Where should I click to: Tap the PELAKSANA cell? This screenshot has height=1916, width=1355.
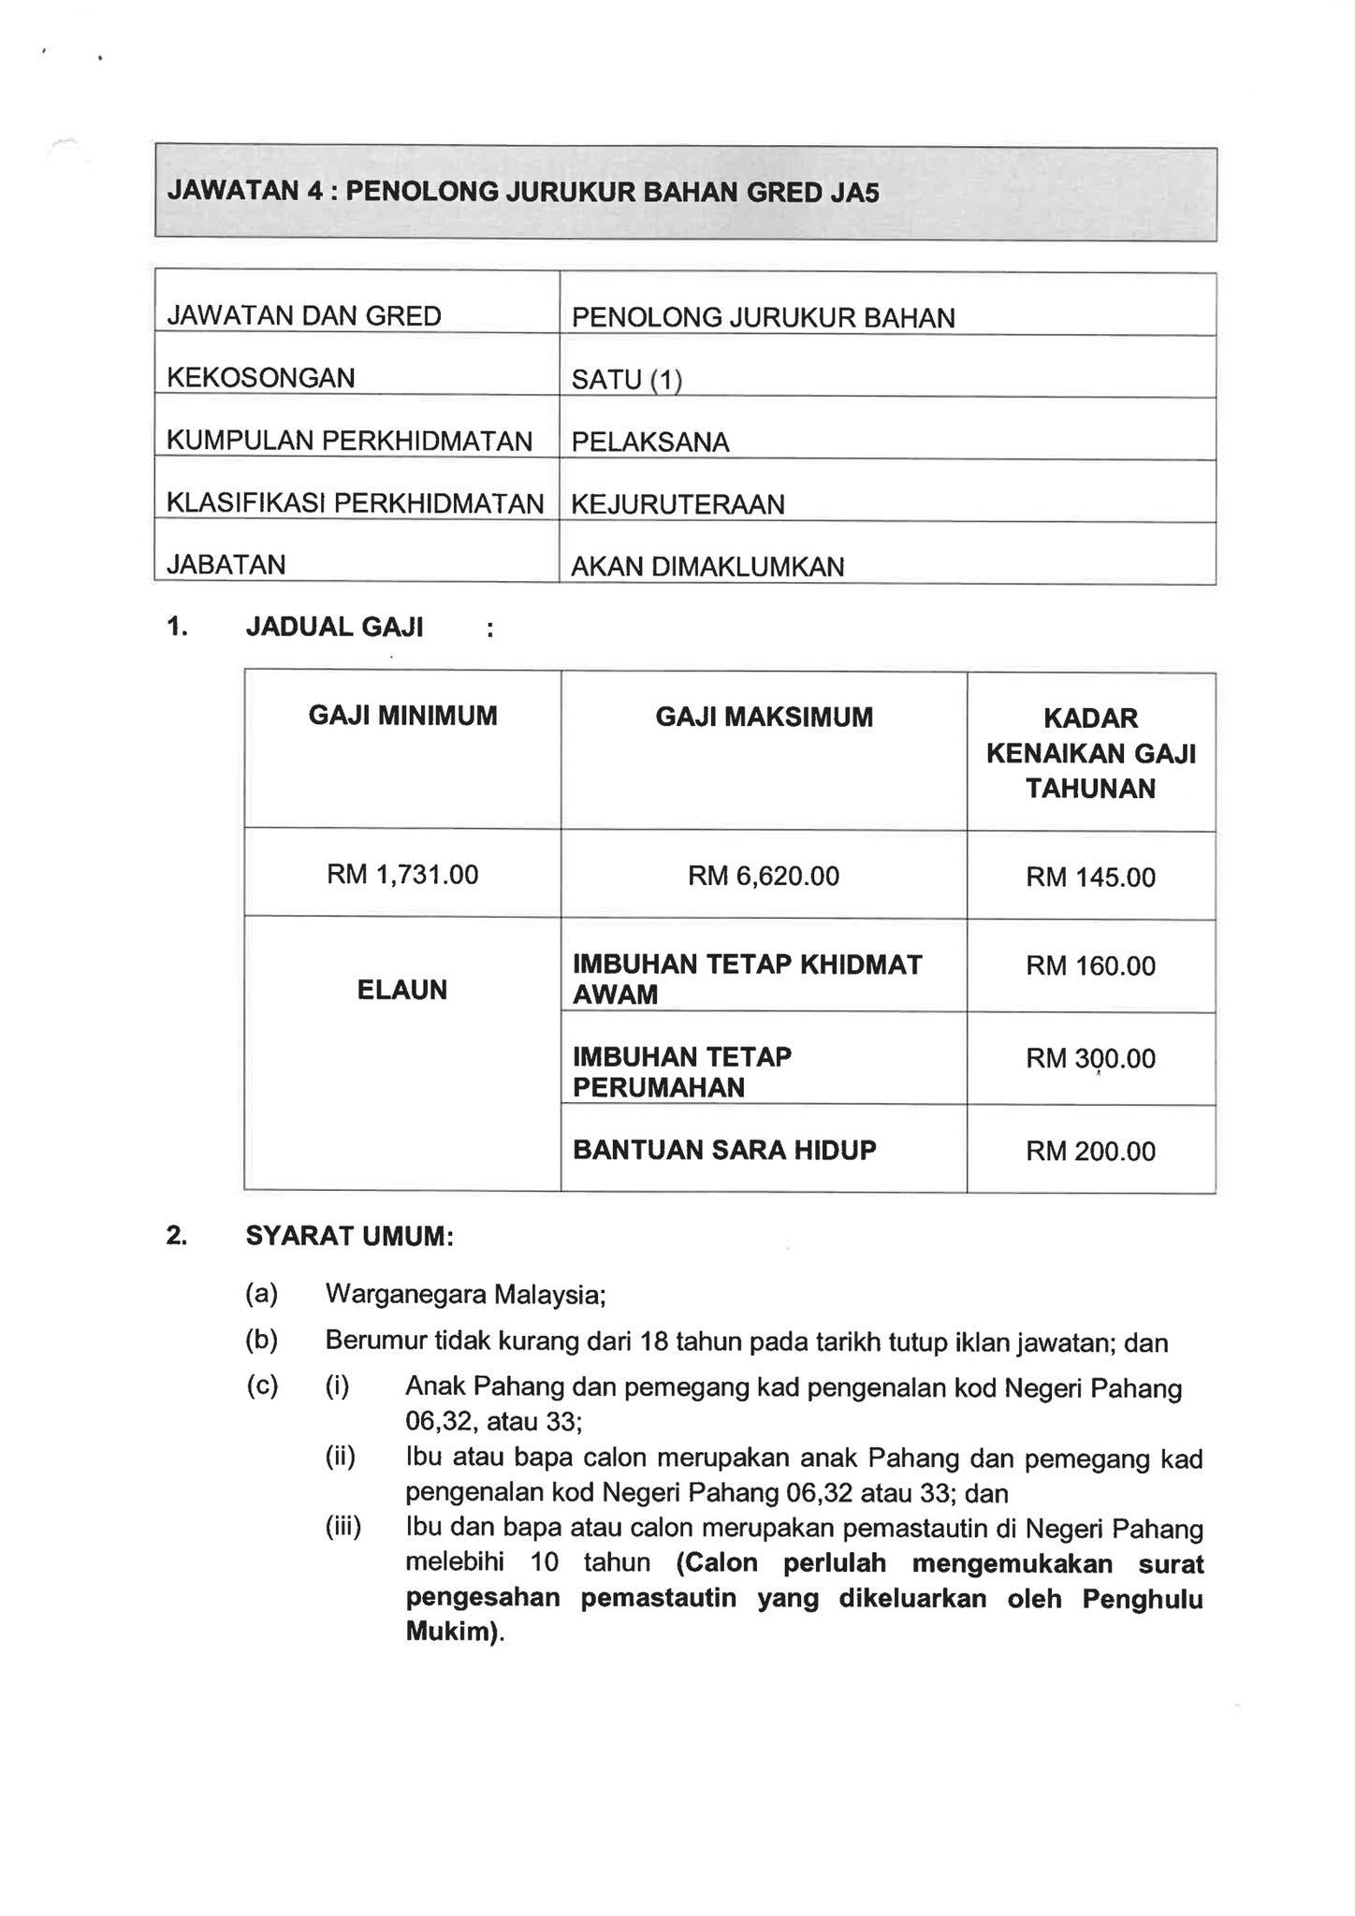tap(650, 443)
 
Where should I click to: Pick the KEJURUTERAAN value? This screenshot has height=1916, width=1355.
tap(677, 505)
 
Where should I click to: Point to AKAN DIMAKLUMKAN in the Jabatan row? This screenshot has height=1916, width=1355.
tap(707, 567)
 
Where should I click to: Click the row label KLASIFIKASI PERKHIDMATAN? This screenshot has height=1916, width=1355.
tap(355, 503)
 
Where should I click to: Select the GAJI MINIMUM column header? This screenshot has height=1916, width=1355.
tap(403, 717)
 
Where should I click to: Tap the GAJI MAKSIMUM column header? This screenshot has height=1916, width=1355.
tap(764, 718)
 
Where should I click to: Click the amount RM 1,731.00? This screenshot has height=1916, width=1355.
tap(402, 875)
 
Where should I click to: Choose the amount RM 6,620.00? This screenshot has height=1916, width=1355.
tap(764, 877)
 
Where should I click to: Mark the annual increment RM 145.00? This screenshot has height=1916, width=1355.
tap(1090, 878)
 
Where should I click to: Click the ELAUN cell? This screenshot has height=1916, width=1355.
tap(402, 990)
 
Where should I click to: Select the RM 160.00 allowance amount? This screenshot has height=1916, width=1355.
tap(1090, 966)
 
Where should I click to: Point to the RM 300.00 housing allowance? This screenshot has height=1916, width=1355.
tap(1090, 1059)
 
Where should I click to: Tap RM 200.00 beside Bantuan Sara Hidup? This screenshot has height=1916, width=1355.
tap(1090, 1152)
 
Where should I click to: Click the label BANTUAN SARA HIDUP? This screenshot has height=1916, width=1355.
tap(724, 1150)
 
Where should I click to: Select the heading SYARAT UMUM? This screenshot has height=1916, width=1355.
tap(349, 1237)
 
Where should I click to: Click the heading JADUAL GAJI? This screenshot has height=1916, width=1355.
tap(334, 627)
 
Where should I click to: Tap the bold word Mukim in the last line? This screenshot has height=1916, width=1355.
tap(448, 1633)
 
